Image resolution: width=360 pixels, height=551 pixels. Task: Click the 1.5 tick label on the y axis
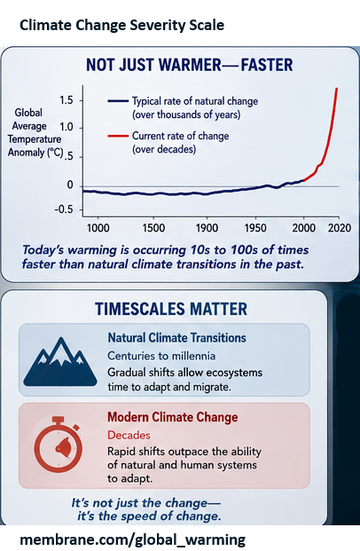click(66, 100)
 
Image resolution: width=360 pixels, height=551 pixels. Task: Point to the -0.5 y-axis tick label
click(64, 209)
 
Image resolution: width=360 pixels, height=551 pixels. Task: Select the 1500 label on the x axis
click(153, 228)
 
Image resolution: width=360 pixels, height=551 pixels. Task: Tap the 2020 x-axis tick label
click(340, 228)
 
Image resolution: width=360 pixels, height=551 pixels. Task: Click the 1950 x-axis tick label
click(255, 228)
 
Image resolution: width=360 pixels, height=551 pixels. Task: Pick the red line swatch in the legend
click(118, 136)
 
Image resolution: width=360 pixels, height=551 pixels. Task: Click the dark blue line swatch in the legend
click(118, 101)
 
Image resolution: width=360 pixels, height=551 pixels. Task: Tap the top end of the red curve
click(337, 88)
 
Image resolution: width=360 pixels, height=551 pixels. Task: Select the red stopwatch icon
click(59, 445)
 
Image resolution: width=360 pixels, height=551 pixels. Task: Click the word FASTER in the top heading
click(267, 65)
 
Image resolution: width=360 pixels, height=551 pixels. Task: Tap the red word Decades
click(129, 435)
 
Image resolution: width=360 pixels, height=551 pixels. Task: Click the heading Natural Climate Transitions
click(176, 338)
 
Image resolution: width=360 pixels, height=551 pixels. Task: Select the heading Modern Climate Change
click(172, 417)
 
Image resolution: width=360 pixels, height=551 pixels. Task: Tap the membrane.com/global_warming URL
click(132, 539)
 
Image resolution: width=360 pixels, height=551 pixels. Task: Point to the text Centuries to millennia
click(161, 356)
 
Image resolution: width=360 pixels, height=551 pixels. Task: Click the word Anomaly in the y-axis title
click(27, 153)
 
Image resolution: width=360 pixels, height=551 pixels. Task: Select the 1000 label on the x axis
click(98, 228)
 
